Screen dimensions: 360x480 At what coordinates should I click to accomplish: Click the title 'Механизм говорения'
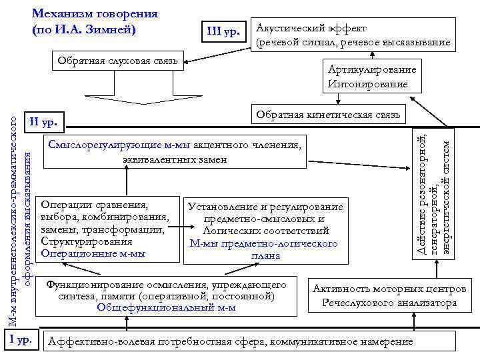(x=95, y=13)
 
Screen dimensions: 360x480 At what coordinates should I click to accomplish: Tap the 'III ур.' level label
(x=223, y=30)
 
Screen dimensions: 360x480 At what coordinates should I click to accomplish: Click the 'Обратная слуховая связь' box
(x=117, y=62)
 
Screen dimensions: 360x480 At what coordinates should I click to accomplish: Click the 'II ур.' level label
(x=44, y=122)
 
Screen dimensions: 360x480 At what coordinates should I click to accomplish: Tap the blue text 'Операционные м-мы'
(x=93, y=253)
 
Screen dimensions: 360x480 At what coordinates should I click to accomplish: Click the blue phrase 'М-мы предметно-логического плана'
(x=265, y=249)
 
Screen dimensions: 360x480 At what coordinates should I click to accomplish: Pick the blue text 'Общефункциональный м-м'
(x=166, y=307)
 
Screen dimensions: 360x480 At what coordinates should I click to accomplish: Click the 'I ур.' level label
(x=22, y=340)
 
